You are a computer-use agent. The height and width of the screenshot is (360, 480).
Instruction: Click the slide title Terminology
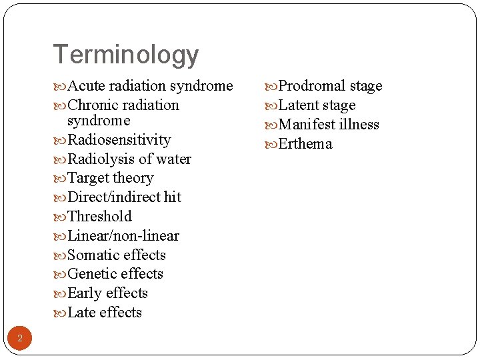tap(125, 55)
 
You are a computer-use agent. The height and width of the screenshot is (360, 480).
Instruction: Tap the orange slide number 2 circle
tap(20, 339)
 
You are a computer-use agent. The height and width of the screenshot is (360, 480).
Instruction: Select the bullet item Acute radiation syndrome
tap(150, 86)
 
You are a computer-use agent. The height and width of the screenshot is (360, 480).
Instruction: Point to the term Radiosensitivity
tap(119, 140)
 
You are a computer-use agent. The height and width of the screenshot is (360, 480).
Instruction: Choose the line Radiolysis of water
tap(129, 159)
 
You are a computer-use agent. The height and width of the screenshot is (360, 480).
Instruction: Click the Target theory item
tap(111, 178)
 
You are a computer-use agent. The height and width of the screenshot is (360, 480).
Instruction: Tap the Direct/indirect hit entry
tap(124, 197)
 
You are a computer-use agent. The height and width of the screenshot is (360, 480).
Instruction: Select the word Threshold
tap(100, 217)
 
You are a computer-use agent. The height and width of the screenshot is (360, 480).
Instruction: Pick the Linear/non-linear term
tap(123, 236)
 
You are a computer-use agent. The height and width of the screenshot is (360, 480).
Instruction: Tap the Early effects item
tap(107, 293)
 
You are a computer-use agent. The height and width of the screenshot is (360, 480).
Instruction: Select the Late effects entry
tap(105, 313)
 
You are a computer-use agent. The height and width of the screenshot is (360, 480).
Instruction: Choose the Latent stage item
tap(317, 105)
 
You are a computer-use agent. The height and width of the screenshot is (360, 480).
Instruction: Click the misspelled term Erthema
tap(305, 144)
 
